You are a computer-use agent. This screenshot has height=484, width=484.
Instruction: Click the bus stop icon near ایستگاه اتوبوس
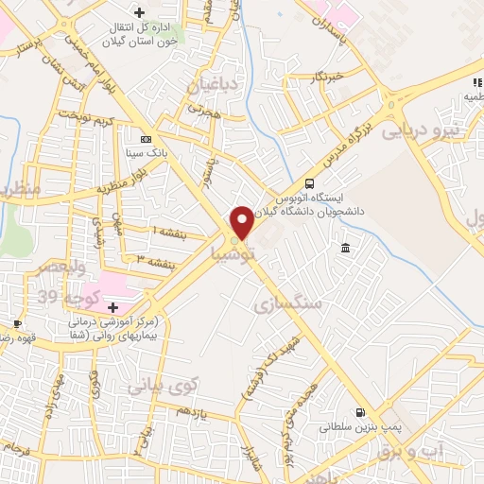pyautogui.click(x=310, y=184)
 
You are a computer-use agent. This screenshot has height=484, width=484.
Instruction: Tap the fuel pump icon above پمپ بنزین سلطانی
pyautogui.click(x=359, y=412)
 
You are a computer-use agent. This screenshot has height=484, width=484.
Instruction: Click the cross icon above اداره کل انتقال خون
pyautogui.click(x=140, y=12)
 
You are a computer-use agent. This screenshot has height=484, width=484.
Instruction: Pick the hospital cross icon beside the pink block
pyautogui.click(x=113, y=307)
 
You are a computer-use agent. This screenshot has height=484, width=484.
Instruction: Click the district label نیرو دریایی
pyautogui.click(x=423, y=131)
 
